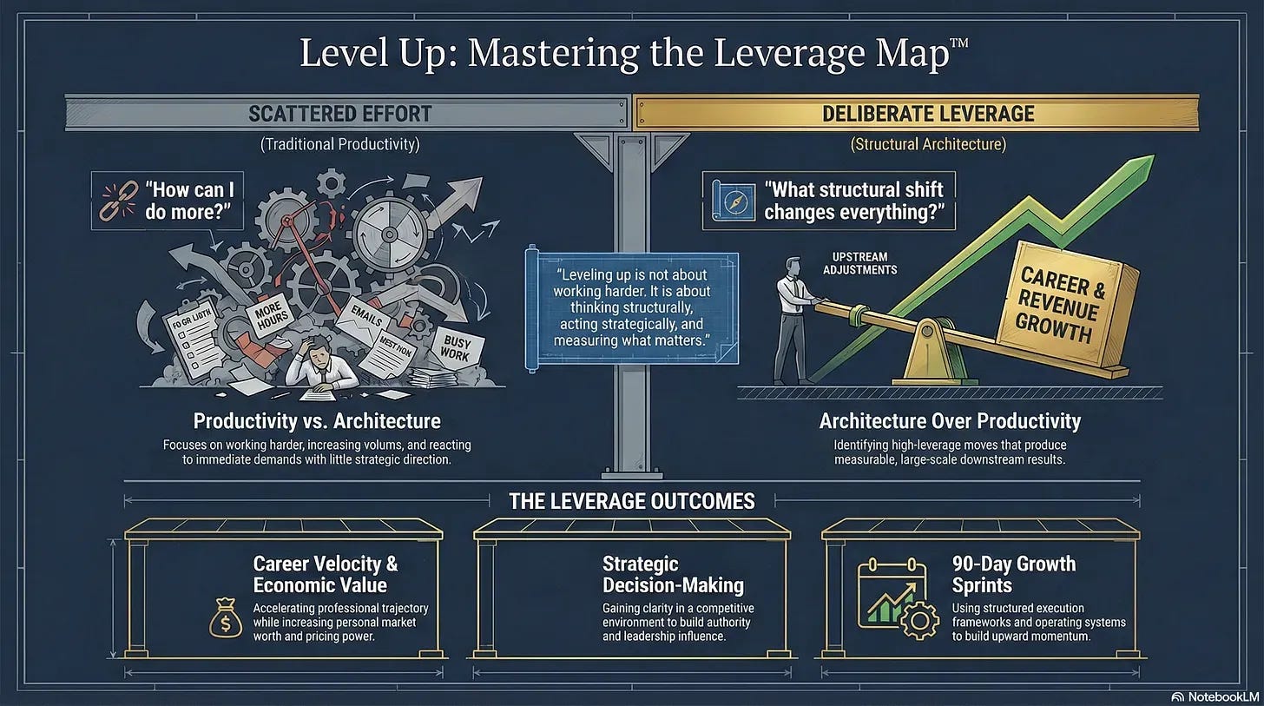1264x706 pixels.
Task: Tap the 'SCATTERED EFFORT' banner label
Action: pyautogui.click(x=339, y=114)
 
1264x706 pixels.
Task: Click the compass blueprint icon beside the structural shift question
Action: pyautogui.click(x=730, y=201)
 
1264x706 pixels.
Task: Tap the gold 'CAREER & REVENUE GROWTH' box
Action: pyautogui.click(x=1063, y=305)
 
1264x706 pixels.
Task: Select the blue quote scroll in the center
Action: pyautogui.click(x=632, y=308)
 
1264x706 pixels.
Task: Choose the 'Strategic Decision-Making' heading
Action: pyautogui.click(x=672, y=575)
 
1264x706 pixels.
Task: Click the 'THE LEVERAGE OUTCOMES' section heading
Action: pyautogui.click(x=631, y=501)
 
